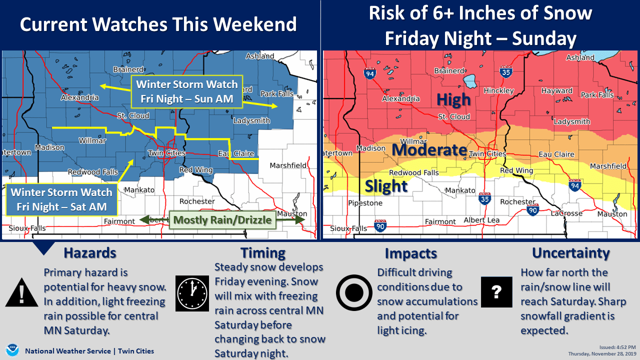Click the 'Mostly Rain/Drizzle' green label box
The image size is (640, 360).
[x=222, y=220]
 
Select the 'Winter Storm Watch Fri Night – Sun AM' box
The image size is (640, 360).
[x=186, y=91]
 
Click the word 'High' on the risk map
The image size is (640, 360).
[x=453, y=99]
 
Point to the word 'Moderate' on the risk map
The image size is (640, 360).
[x=429, y=149]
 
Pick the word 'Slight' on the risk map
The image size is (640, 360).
[x=386, y=186]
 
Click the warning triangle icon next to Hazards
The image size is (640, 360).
[x=21, y=294]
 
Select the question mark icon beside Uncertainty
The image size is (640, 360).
[x=496, y=293]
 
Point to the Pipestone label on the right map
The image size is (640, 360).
[x=365, y=203]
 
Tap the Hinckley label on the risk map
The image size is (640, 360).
[x=498, y=91]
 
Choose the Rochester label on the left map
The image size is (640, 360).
[x=197, y=201]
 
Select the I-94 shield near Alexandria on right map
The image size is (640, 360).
[x=369, y=73]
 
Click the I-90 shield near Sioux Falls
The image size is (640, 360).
[x=380, y=227]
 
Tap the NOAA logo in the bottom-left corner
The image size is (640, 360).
[x=12, y=350]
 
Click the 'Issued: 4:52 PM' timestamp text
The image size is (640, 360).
[x=617, y=347]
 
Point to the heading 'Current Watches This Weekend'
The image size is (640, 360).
[x=158, y=24]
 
